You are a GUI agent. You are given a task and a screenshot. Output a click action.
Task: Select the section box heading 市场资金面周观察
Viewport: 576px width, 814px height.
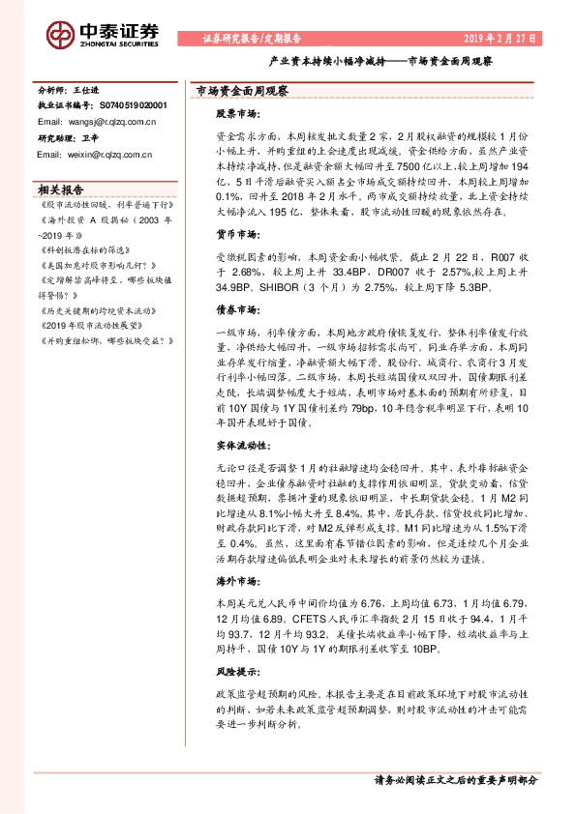(237, 90)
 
